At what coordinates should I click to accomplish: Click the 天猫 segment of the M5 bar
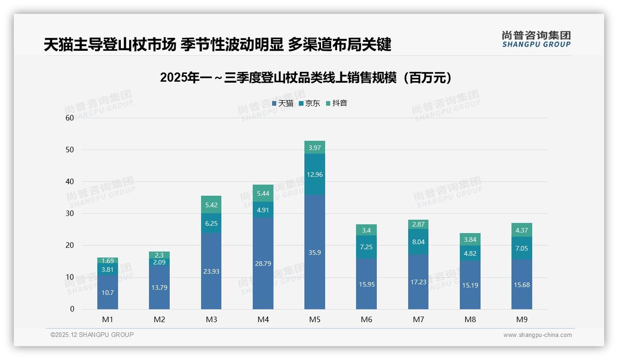point(315,252)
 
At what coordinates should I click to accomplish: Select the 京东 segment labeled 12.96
point(315,174)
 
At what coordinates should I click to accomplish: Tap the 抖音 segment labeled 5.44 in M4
point(263,193)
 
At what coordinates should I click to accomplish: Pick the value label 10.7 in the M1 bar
point(107,293)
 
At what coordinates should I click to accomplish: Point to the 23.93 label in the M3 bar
point(211,271)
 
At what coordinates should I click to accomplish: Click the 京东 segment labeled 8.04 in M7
point(418,241)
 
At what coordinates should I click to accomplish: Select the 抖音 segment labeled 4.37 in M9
point(522,230)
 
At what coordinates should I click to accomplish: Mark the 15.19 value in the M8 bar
point(470,285)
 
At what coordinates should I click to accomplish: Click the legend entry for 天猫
point(283,103)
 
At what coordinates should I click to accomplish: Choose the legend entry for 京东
point(309,103)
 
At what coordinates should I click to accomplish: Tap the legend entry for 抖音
point(337,103)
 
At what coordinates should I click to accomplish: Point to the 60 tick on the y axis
point(70,118)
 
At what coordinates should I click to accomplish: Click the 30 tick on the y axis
point(70,213)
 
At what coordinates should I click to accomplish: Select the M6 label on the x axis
point(366,319)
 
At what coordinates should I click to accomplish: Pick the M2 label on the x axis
point(159,319)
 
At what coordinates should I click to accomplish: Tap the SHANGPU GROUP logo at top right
point(536,39)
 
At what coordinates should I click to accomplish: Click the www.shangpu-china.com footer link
point(537,335)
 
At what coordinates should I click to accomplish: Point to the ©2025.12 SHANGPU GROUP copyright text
point(92,335)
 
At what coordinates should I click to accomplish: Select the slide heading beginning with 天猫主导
point(217,45)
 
